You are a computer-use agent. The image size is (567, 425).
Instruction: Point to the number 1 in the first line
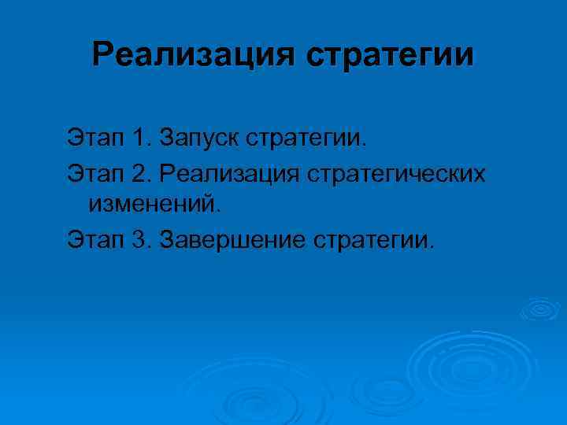pos(140,139)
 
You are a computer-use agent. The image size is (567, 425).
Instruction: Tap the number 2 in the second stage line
pos(140,172)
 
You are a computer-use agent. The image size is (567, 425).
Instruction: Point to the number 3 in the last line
pos(140,238)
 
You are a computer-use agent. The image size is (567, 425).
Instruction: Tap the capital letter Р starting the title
pos(102,55)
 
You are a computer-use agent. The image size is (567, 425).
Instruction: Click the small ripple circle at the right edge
pos(539,309)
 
